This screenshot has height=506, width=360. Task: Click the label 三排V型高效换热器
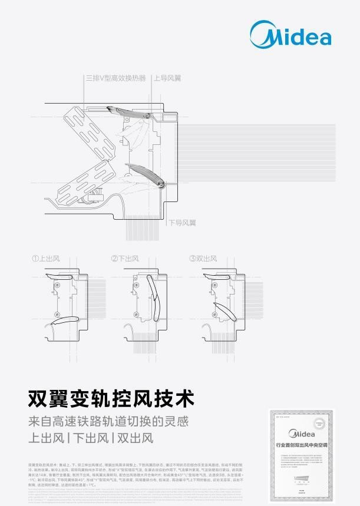(x=115, y=78)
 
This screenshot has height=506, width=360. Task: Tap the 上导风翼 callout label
(x=168, y=78)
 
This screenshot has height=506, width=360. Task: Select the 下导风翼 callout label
(x=181, y=223)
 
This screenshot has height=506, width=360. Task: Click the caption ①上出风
(x=46, y=259)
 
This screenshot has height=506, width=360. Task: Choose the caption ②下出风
(x=125, y=259)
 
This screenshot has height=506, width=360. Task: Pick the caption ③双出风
(x=203, y=259)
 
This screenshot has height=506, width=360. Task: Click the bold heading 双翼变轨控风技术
(x=111, y=399)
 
